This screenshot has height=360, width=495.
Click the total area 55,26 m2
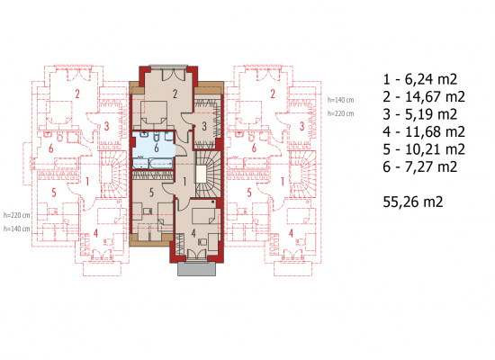pos(413,202)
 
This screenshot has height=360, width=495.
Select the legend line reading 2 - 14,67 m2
pos(424,96)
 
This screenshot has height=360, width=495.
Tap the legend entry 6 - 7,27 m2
pos(420,166)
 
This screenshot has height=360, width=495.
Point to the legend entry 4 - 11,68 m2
pos(424,131)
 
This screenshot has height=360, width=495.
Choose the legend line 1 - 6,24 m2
pos(420,79)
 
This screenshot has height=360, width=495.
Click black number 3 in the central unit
pos(204,126)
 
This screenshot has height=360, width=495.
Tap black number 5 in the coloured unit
pos(151,193)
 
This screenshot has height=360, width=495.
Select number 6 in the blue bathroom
pos(157,148)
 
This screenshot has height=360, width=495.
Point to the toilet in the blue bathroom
pos(157,137)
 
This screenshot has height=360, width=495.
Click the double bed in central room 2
pos(154,113)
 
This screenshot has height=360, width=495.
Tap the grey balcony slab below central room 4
pos(197,269)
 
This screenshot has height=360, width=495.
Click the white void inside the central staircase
pos(201,174)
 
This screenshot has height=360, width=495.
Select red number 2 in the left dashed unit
pos(77,94)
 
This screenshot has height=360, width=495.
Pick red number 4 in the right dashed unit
pos(291,233)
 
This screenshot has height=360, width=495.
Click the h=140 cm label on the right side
pos(340,100)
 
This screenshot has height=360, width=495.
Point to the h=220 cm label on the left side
pos(17,215)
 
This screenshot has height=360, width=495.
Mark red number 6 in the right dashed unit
pos(254,148)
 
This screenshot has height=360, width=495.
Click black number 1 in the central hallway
pos(184,182)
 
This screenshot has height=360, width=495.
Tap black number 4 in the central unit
pos(193,233)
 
